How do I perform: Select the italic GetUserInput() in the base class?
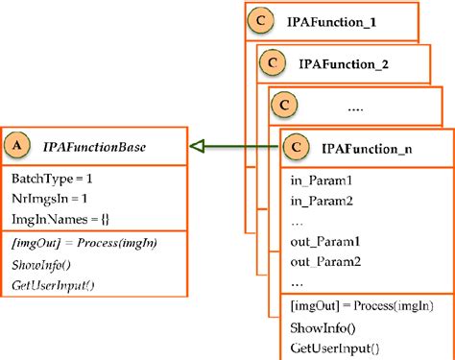tap(54, 284)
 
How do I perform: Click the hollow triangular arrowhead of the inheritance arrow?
tap(198, 146)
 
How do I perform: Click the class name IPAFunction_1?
tap(331, 19)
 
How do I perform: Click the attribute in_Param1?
tap(321, 180)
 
